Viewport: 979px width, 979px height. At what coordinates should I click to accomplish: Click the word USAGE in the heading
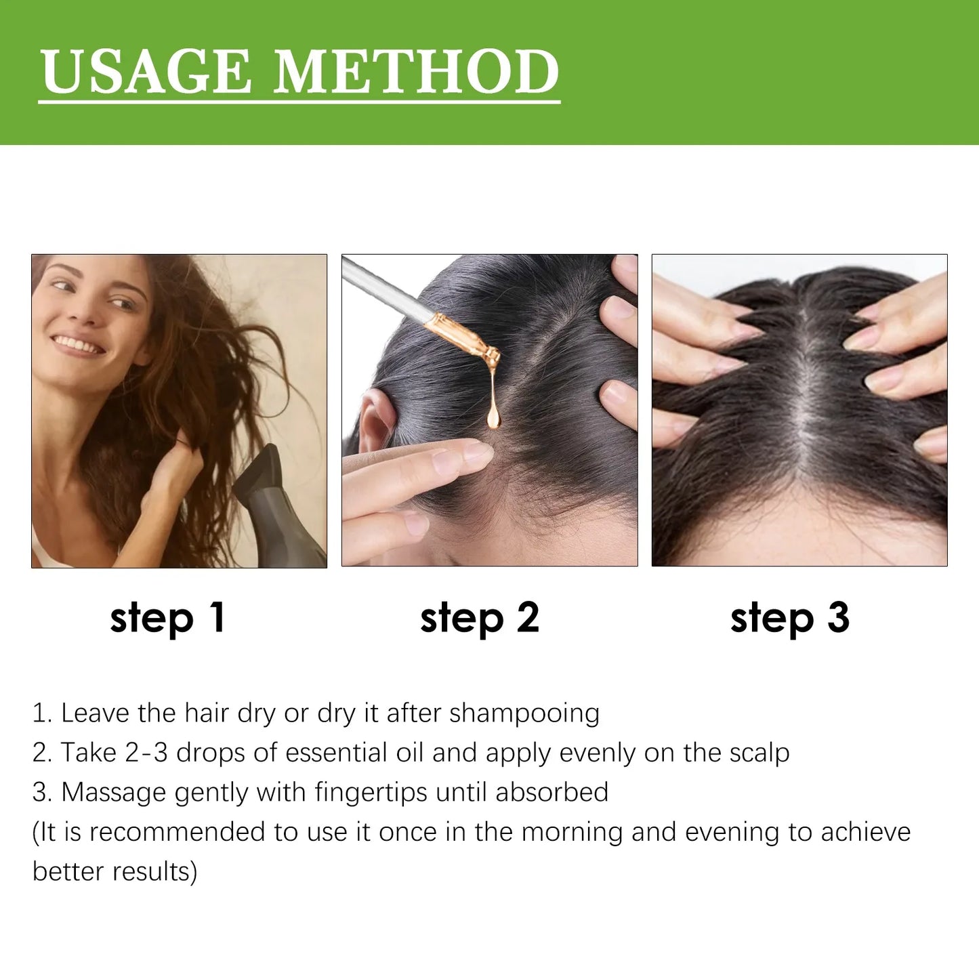click(x=145, y=72)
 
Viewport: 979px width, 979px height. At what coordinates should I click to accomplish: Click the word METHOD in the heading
click(x=416, y=72)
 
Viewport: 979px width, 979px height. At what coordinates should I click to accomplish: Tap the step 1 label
click(x=167, y=618)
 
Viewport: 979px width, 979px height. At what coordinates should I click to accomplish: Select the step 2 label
click(x=479, y=618)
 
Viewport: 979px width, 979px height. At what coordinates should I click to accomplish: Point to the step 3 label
click(x=789, y=618)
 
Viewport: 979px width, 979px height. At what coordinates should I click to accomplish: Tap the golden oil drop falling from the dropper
click(x=493, y=413)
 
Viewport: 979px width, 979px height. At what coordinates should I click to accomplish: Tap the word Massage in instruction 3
click(x=114, y=793)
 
